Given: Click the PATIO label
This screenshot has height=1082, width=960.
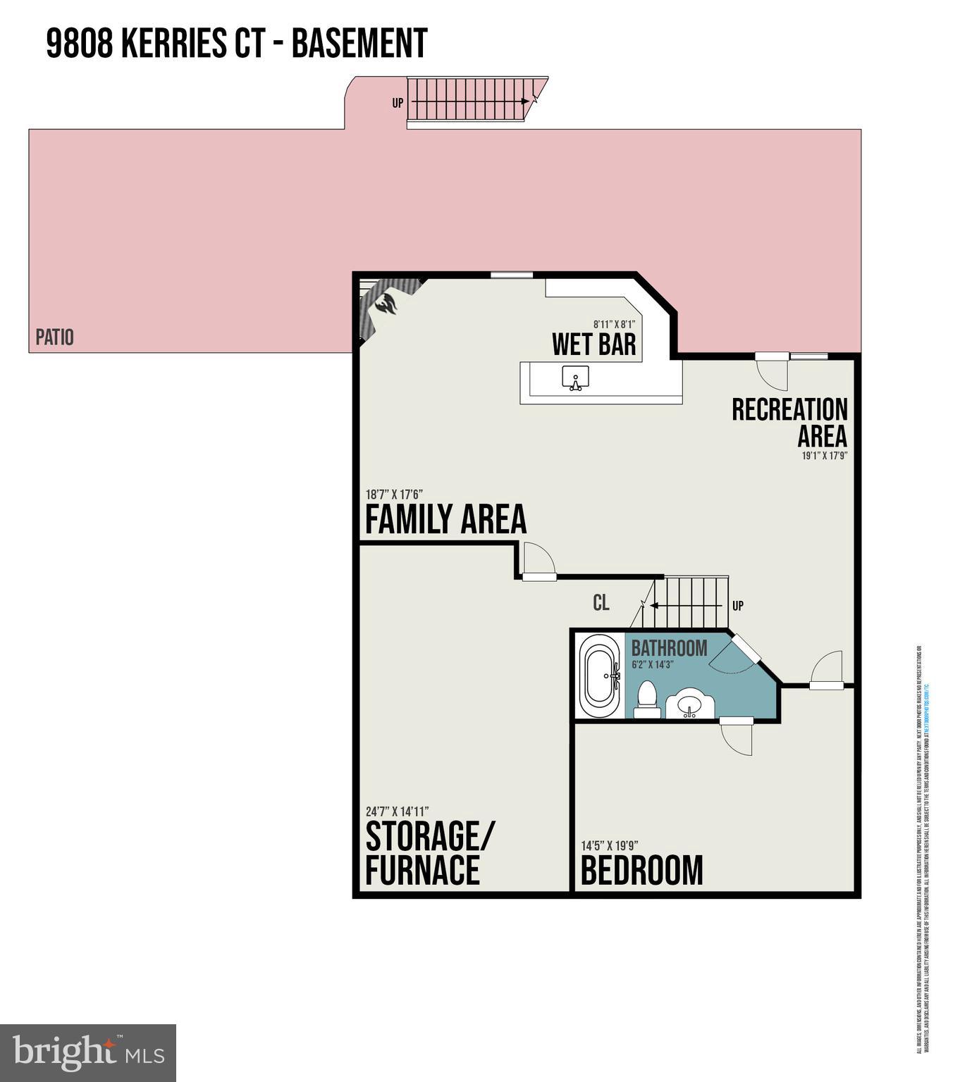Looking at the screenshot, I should [x=54, y=337].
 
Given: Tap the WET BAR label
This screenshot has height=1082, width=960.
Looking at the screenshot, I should [x=593, y=344].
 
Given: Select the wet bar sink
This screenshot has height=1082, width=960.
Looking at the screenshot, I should [x=575, y=378].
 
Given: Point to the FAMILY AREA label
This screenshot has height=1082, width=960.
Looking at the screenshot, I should [x=445, y=520].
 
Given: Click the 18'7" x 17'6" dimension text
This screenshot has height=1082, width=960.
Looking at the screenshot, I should [x=393, y=494].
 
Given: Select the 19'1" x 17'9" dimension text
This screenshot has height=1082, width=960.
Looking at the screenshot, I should [x=824, y=456].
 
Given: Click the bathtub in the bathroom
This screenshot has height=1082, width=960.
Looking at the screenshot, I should [x=600, y=676].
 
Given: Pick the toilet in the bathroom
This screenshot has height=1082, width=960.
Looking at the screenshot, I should [x=646, y=698].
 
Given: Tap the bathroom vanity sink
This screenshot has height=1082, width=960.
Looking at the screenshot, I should [x=691, y=704].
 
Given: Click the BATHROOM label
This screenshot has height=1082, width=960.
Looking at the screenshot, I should [x=669, y=648].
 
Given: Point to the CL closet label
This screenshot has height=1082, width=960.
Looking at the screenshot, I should [x=601, y=603].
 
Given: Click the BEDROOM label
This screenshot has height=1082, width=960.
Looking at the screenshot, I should [x=641, y=871].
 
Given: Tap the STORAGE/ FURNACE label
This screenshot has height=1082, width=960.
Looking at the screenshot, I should [x=429, y=853].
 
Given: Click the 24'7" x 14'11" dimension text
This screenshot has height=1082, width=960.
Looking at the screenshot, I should [x=397, y=811].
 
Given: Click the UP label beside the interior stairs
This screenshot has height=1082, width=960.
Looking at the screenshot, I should [x=737, y=606].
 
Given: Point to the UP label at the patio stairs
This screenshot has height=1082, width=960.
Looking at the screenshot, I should [x=398, y=103].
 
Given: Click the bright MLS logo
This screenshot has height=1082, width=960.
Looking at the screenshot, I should [x=88, y=1053].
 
